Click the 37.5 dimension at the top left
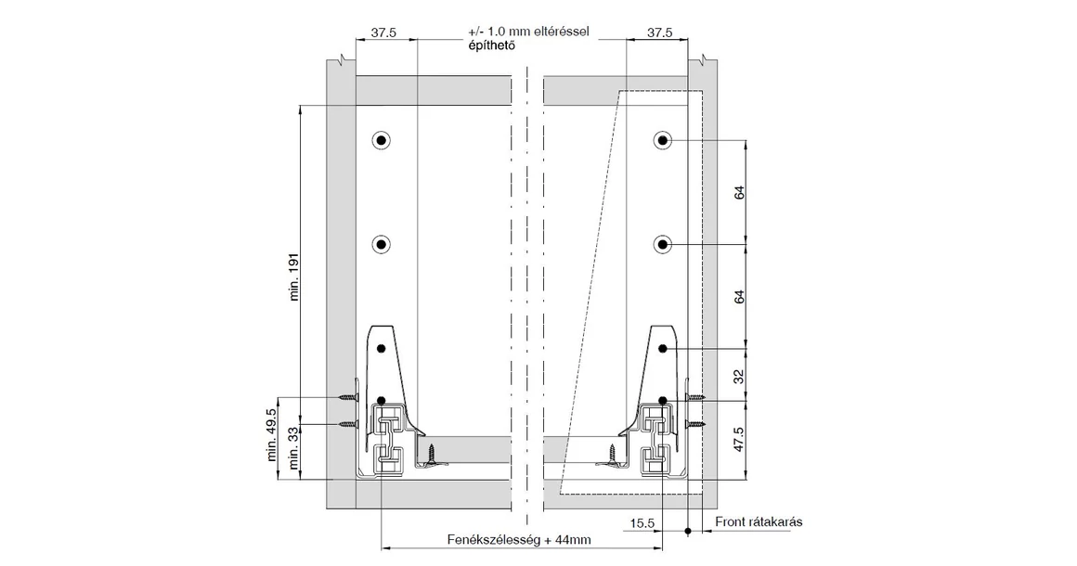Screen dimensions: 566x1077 (384, 32)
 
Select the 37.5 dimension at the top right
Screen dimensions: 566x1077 (659, 32)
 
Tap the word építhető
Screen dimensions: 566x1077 (492, 45)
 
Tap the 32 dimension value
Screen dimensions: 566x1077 (740, 376)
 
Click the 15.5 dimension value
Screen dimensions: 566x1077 (642, 523)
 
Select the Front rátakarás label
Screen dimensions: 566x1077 (759, 522)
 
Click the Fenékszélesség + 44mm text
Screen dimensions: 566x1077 (518, 539)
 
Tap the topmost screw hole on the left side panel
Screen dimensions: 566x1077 (381, 141)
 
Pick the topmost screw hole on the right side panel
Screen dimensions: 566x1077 (662, 141)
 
